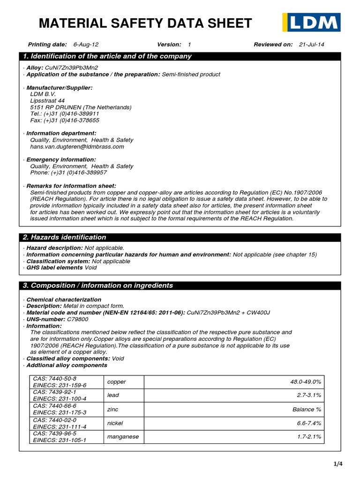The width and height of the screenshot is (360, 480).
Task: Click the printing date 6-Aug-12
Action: [x=86, y=45]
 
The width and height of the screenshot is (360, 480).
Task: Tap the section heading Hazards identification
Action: [x=65, y=237]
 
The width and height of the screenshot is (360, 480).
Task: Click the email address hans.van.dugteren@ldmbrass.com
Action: [x=77, y=147]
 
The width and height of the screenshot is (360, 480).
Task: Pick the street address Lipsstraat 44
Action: [x=47, y=101]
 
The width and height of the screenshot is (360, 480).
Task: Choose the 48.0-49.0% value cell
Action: [x=306, y=382]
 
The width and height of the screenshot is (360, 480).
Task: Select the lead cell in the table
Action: [x=113, y=396]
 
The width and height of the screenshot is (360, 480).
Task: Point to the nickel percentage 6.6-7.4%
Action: [x=309, y=423]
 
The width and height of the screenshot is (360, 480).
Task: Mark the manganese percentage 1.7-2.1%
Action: [x=309, y=436]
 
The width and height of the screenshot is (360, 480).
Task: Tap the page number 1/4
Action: [x=338, y=464]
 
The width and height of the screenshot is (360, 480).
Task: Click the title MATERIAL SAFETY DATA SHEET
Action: [x=145, y=23]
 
